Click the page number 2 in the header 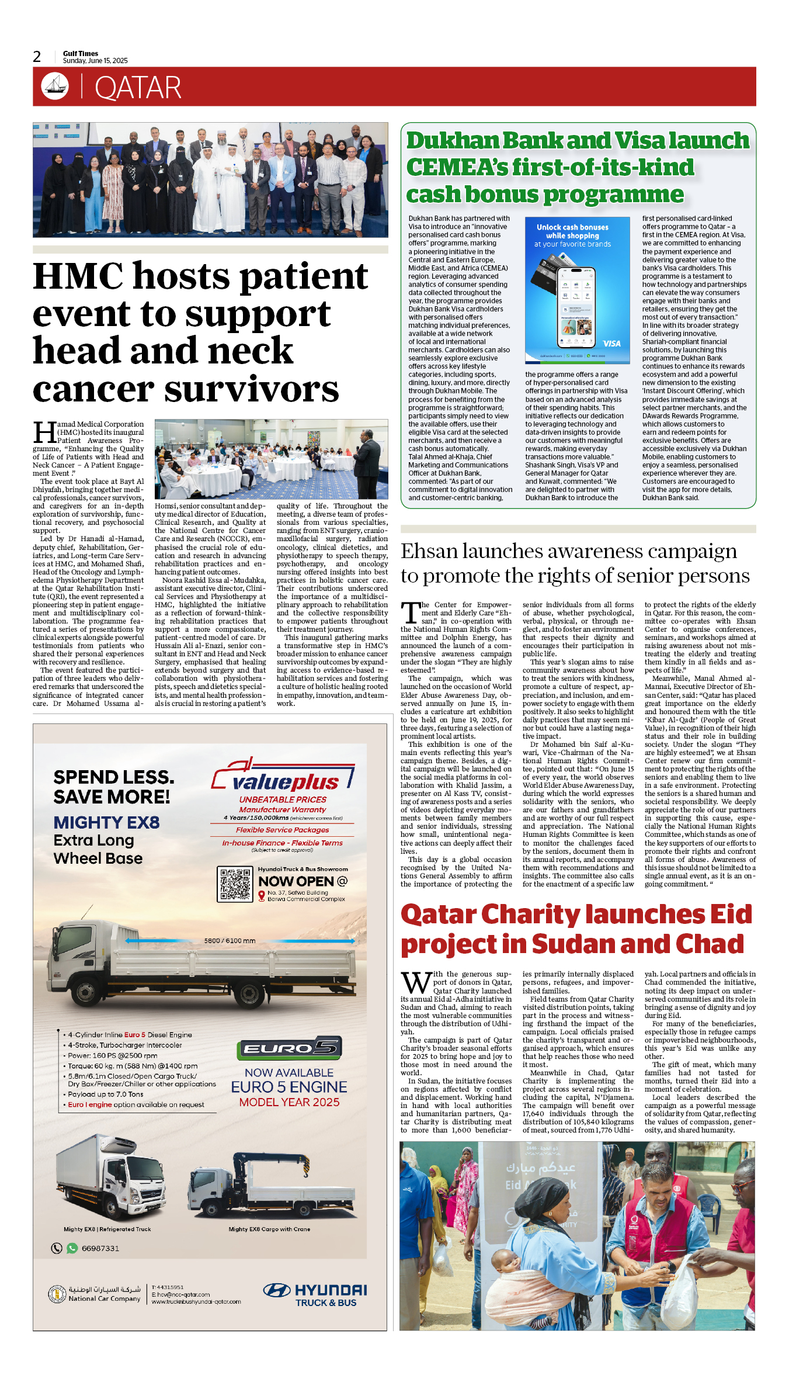pyautogui.click(x=37, y=57)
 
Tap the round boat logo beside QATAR pyautogui.click(x=55, y=86)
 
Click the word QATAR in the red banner pyautogui.click(x=138, y=88)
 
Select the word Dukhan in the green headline pyautogui.click(x=453, y=141)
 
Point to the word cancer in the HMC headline pyautogui.click(x=94, y=389)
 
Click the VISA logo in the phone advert pyautogui.click(x=611, y=344)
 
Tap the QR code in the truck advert pyautogui.click(x=235, y=884)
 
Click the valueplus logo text pyautogui.click(x=286, y=782)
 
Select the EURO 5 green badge pyautogui.click(x=289, y=1049)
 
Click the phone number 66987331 pyautogui.click(x=100, y=1248)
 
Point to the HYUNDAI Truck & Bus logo pyautogui.click(x=315, y=1294)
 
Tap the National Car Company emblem pyautogui.click(x=57, y=1294)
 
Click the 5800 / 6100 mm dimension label pyautogui.click(x=230, y=941)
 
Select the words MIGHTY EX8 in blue pyautogui.click(x=106, y=822)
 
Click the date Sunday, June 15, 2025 pyautogui.click(x=95, y=61)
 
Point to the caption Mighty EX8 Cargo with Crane pyautogui.click(x=269, y=1229)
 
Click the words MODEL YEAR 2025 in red pyautogui.click(x=289, y=1102)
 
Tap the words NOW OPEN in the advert pyautogui.click(x=296, y=881)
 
